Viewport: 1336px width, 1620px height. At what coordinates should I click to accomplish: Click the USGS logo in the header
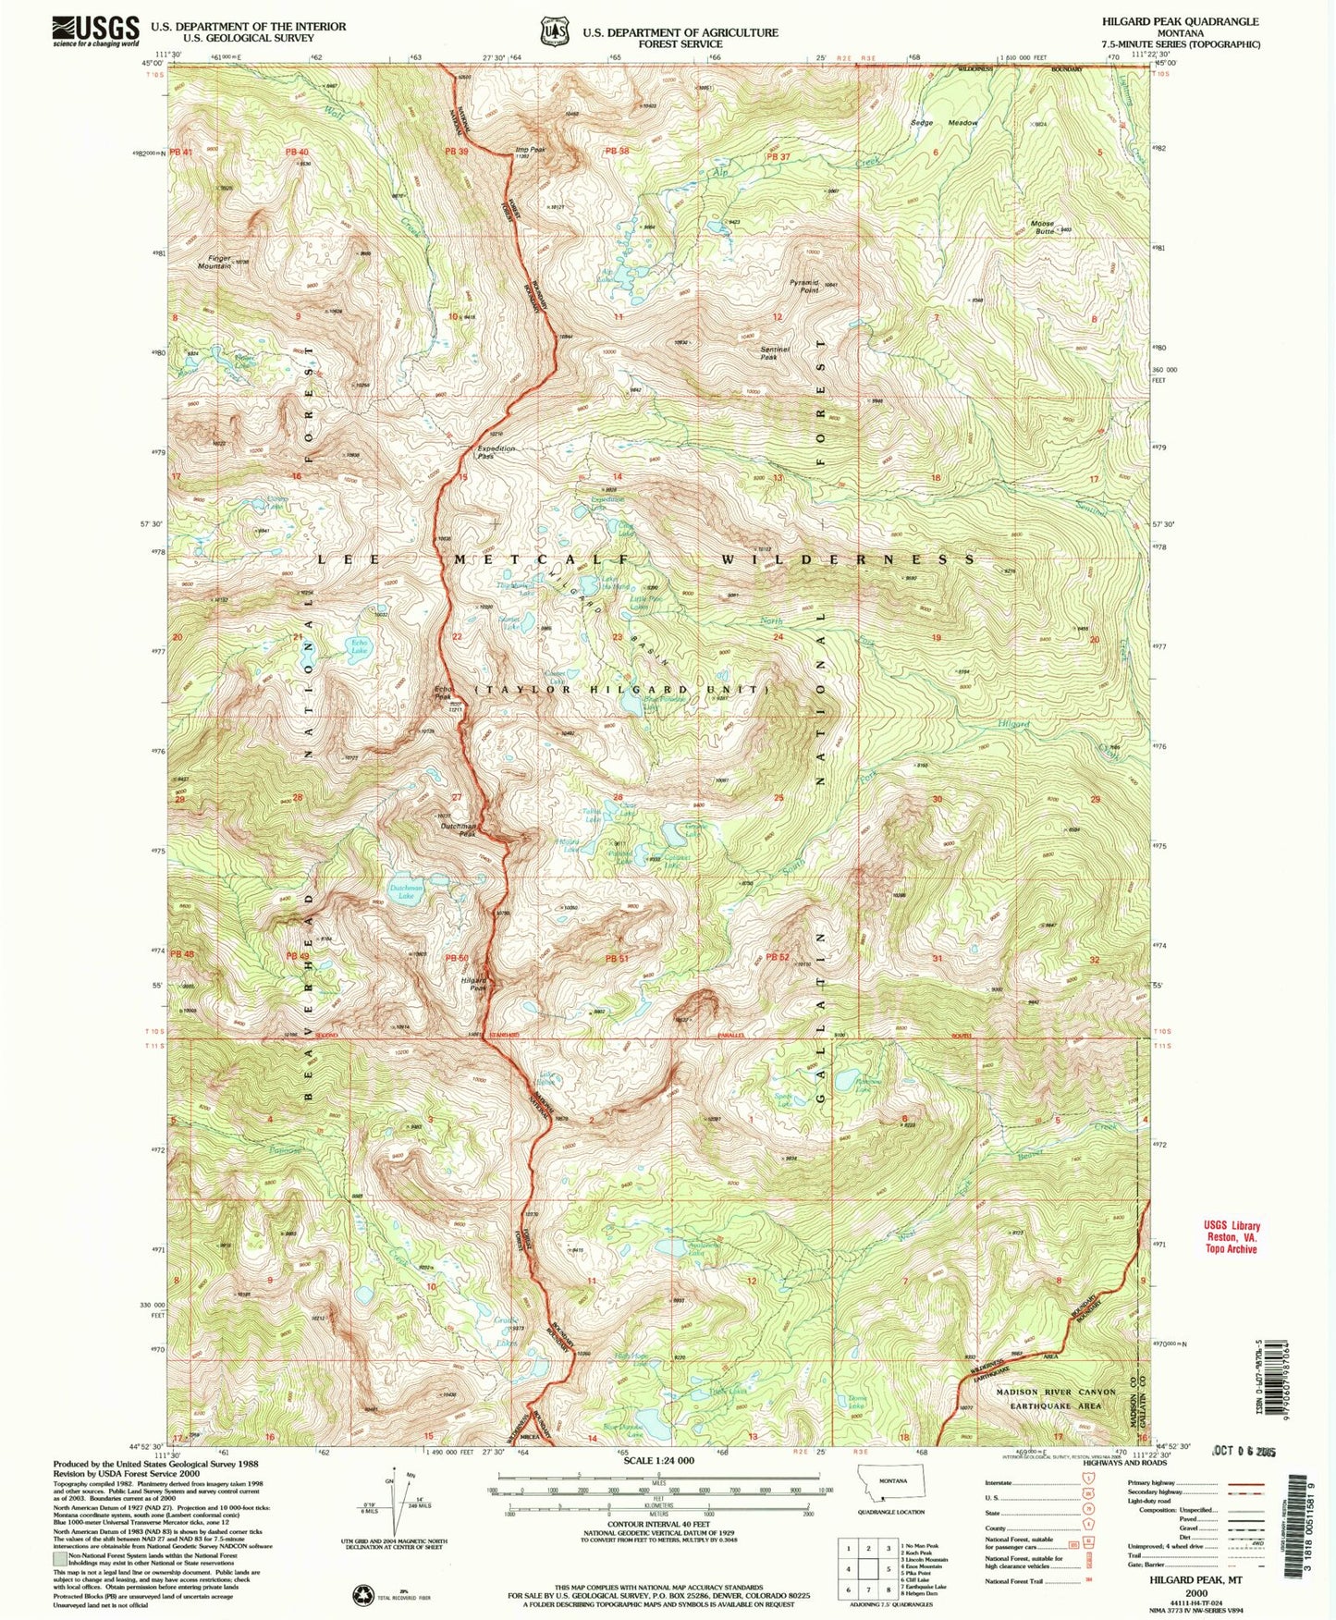coord(96,31)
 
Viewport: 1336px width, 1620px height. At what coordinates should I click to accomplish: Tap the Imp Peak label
coord(530,150)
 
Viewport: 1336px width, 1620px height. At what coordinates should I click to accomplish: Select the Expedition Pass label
coord(496,451)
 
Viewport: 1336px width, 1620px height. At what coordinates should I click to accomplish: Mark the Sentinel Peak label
coord(769,351)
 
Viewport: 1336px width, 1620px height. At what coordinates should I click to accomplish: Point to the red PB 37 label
coord(778,156)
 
